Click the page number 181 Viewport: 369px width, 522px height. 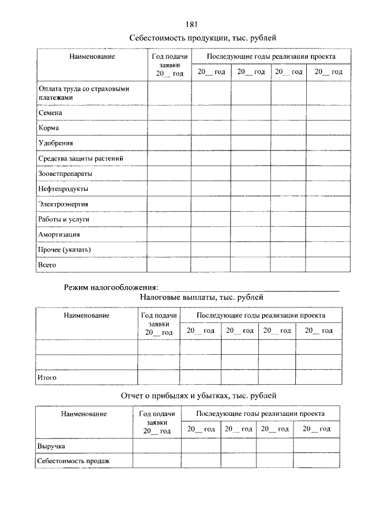point(193,24)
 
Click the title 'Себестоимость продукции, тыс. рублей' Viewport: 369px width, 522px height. point(203,38)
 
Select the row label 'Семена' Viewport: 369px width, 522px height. point(50,113)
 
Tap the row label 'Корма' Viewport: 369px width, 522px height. point(48,127)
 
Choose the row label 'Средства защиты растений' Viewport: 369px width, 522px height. point(80,158)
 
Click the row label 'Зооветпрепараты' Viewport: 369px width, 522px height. point(65,173)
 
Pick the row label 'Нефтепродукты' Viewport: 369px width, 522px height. point(63,189)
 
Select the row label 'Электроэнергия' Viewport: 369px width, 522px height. point(63,204)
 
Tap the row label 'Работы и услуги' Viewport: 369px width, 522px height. point(63,219)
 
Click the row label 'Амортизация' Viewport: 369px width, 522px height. point(59,235)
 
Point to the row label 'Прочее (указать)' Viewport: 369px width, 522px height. point(64,249)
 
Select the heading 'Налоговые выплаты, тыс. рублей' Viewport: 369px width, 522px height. point(201,298)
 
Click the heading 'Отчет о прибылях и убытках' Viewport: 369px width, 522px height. point(199,396)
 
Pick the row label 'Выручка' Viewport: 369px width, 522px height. point(51,446)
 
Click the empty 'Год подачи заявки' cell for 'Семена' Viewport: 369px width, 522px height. point(169,113)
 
